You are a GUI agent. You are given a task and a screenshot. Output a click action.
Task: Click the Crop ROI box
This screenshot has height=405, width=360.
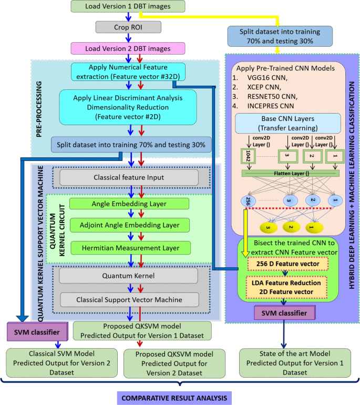click(x=128, y=27)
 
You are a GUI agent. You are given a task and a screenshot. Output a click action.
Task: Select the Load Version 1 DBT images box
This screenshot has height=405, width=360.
click(x=128, y=6)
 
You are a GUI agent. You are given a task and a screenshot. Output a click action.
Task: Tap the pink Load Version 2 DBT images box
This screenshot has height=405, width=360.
click(x=128, y=48)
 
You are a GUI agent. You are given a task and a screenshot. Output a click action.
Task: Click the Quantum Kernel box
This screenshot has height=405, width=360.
click(x=128, y=275)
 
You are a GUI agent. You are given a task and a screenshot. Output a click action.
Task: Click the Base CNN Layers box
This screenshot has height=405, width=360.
click(x=284, y=123)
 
